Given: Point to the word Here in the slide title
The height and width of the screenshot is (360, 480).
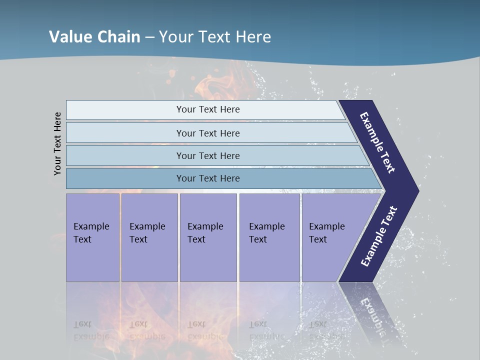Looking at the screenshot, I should point(253,36).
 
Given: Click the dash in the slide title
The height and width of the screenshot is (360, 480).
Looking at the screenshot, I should point(149,37).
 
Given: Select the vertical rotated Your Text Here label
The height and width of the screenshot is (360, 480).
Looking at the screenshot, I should point(57,144).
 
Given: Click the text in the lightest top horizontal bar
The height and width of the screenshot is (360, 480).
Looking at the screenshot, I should point(208,109).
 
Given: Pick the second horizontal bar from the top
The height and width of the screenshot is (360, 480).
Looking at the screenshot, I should point(208,133).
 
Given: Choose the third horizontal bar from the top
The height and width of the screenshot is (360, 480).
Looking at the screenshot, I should point(208,155).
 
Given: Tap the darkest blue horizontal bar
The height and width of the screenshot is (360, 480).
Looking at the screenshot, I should point(208,178).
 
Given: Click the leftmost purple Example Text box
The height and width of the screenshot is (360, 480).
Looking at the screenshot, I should point(92,237).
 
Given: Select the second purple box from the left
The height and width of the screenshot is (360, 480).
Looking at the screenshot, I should point(149,237).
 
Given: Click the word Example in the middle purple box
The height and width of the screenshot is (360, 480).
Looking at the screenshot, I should point(205,226).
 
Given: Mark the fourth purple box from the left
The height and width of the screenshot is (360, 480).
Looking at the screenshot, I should point(269,237).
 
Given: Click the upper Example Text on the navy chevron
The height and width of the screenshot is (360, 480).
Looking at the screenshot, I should point(377,142).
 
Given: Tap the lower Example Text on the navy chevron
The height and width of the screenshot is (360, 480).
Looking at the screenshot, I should point(378,236).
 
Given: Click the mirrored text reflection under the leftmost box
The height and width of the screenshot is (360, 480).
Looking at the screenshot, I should point(91,330).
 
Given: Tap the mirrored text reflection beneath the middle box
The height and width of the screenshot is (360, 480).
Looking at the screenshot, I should point(205,330).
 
